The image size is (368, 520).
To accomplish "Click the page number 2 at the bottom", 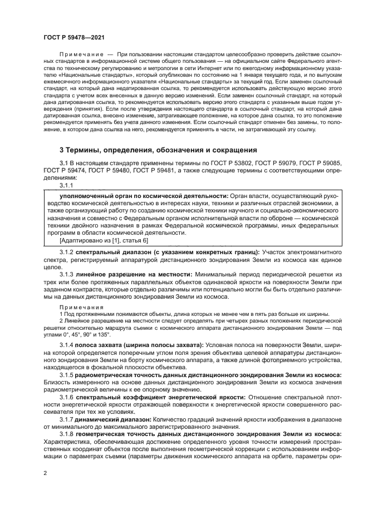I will [x=45, y=473].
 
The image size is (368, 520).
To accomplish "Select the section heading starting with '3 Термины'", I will [x=158, y=150].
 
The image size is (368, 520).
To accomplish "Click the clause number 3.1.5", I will [x=67, y=375].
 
